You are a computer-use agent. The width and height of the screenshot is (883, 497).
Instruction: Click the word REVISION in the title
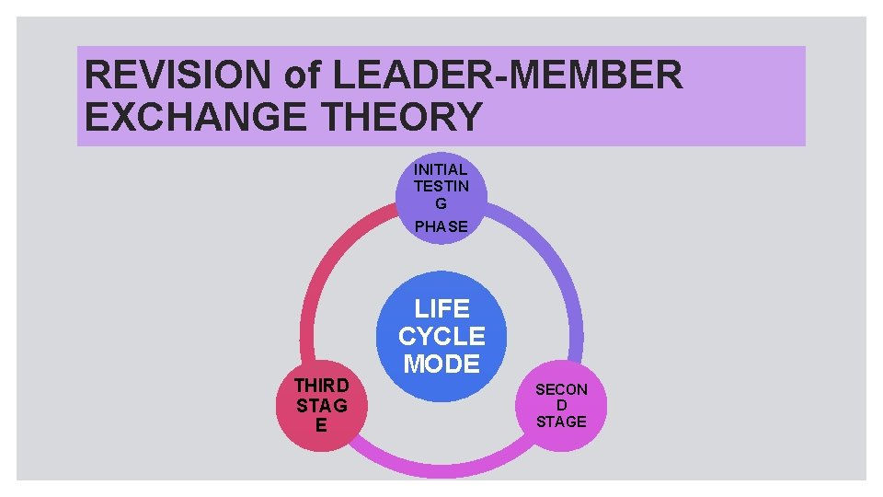(179, 75)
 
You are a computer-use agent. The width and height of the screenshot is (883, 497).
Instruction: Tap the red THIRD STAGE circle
(322, 405)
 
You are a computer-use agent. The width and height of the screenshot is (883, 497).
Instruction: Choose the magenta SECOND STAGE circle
(561, 405)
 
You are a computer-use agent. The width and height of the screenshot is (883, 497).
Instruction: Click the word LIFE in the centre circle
(441, 308)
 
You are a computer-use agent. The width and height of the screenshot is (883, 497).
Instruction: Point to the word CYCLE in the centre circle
(441, 336)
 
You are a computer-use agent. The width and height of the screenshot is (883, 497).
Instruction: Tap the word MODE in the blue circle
(441, 364)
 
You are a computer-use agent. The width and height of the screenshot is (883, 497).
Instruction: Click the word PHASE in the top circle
(441, 225)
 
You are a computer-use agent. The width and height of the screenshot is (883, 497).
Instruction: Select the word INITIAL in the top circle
(441, 169)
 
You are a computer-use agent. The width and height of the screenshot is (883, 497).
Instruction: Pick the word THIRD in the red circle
(322, 386)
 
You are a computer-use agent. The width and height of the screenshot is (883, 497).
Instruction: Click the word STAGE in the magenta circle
(561, 422)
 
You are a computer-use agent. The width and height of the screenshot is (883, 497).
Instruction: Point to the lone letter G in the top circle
(441, 203)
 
